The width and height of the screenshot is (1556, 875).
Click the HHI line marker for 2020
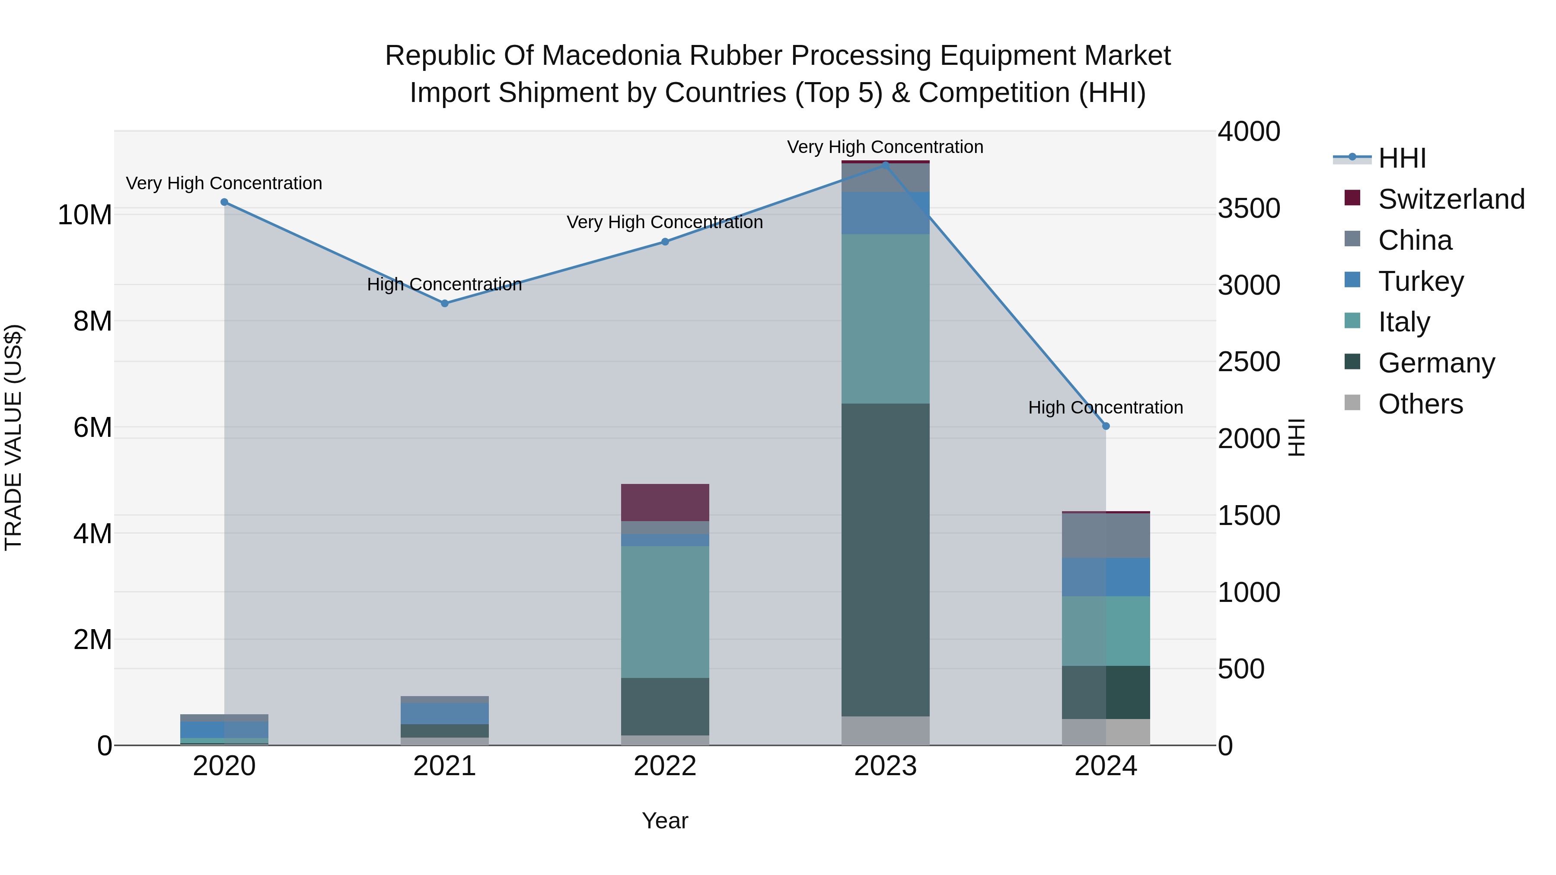coord(224,202)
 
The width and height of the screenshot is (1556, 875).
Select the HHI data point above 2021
coord(445,304)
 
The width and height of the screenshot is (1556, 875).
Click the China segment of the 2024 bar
coord(1106,536)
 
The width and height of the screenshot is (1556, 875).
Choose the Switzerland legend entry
coord(1451,199)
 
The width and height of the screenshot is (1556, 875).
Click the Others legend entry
coord(1420,404)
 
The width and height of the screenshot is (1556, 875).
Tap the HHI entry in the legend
coord(1401,158)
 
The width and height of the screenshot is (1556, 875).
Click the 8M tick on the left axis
coord(92,321)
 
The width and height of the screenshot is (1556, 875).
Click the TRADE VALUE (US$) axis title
coord(14,437)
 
